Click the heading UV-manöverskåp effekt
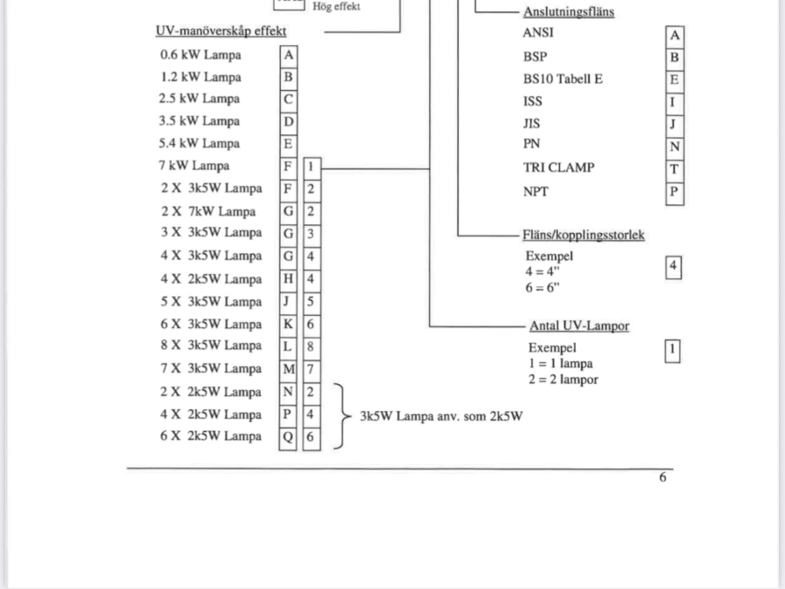coord(221,31)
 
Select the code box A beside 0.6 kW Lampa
coord(289,55)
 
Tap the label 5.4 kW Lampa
coord(199,144)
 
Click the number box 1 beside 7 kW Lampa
coord(311,166)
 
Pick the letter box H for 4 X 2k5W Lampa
coord(288,279)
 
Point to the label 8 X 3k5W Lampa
coord(211,346)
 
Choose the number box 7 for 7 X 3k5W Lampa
coord(311,369)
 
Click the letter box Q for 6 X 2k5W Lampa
coord(288,437)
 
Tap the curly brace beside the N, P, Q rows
coord(340,415)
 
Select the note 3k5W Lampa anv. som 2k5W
coord(441,416)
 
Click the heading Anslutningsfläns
coord(568,12)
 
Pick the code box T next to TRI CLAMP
coord(674,169)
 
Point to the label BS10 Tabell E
coord(563,79)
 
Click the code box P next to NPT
coord(674,192)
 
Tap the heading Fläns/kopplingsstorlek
coord(584,235)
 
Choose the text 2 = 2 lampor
coord(562,380)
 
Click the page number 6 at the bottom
coord(663,477)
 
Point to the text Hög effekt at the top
coord(337,7)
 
